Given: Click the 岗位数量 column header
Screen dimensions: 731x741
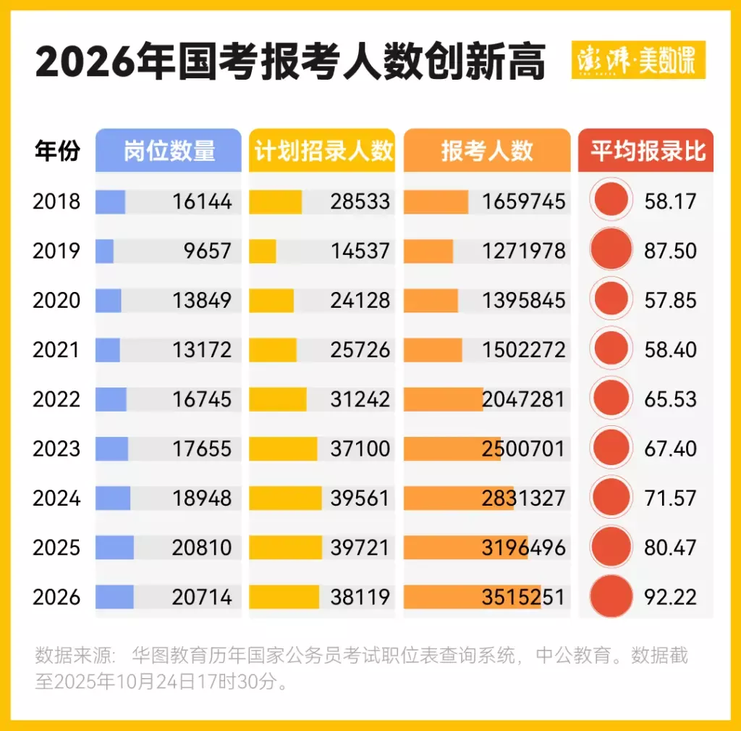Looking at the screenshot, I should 168,151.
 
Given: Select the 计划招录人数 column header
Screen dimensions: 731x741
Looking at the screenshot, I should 322,151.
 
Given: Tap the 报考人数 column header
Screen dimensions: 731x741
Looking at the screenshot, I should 486,151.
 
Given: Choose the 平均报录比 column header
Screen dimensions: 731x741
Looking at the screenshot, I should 646,151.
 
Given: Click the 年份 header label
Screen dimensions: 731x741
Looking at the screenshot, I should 57,151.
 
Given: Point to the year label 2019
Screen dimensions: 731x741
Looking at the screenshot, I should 56,251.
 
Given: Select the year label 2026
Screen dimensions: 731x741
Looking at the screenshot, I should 56,597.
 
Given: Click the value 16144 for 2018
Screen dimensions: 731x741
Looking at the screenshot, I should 202,201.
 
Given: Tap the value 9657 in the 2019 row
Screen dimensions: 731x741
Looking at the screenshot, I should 208,251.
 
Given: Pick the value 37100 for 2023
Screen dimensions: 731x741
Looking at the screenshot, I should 360,448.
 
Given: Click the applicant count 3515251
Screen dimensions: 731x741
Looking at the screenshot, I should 523,597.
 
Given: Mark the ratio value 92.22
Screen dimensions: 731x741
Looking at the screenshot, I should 670,597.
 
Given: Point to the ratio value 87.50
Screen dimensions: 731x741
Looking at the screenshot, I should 670,251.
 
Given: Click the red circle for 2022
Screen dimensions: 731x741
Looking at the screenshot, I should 611,399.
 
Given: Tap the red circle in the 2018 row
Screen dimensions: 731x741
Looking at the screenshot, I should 611,201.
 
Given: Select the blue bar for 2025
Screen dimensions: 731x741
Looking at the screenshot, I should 114,548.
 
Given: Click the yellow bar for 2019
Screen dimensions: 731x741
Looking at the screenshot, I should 263,251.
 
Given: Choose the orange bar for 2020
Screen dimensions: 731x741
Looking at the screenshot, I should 431,300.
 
